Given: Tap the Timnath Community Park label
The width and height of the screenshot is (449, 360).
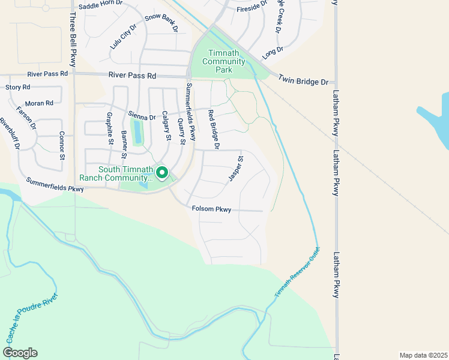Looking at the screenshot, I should [x=224, y=61].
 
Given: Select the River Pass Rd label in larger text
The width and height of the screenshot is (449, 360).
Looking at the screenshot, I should [x=132, y=76].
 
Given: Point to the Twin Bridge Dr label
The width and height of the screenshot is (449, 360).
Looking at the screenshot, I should [x=303, y=82].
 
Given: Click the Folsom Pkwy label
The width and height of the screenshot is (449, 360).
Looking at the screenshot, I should [x=211, y=209].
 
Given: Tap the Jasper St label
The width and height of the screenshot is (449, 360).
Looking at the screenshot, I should [x=235, y=169].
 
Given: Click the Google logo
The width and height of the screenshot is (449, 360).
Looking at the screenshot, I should [x=19, y=353].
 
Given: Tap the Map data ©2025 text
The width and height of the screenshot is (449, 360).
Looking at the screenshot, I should [x=423, y=355].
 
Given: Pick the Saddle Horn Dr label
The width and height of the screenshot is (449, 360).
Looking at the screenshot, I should [x=100, y=4].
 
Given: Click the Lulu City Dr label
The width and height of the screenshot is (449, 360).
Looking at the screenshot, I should [x=124, y=37].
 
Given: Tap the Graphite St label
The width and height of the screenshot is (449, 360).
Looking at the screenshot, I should [x=110, y=128].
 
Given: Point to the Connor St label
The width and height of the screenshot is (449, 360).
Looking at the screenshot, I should [x=61, y=146].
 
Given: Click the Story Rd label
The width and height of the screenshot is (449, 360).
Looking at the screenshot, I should [x=17, y=88].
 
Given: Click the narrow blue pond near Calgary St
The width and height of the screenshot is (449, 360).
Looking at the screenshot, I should [x=138, y=132].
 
